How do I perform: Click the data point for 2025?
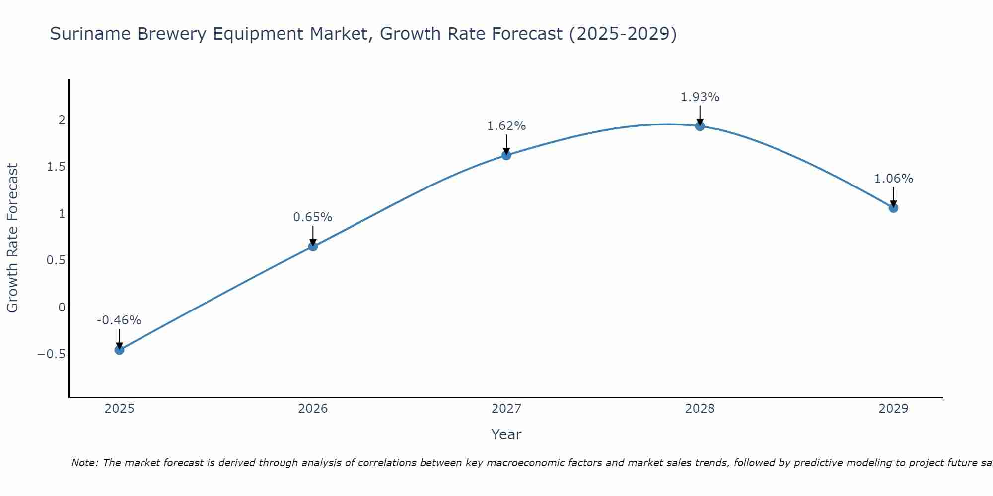click(x=119, y=350)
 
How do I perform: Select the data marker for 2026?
click(x=313, y=246)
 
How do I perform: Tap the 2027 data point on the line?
click(x=506, y=155)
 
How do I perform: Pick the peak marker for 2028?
click(x=700, y=126)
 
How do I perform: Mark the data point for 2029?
click(x=893, y=208)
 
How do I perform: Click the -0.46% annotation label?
click(x=119, y=320)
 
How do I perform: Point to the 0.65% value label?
click(x=312, y=217)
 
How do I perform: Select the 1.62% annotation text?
click(x=506, y=126)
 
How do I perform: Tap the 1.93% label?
click(x=700, y=97)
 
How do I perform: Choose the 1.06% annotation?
click(x=893, y=179)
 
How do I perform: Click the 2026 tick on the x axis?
click(x=313, y=409)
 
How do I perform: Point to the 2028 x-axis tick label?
click(x=700, y=409)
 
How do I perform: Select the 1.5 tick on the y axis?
click(x=56, y=167)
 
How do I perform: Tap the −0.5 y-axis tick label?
click(x=51, y=354)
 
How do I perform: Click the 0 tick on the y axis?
click(x=62, y=308)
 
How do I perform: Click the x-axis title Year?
click(x=506, y=434)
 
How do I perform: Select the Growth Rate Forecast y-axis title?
click(x=12, y=238)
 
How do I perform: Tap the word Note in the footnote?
click(x=85, y=463)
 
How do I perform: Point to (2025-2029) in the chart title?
click(x=623, y=34)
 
